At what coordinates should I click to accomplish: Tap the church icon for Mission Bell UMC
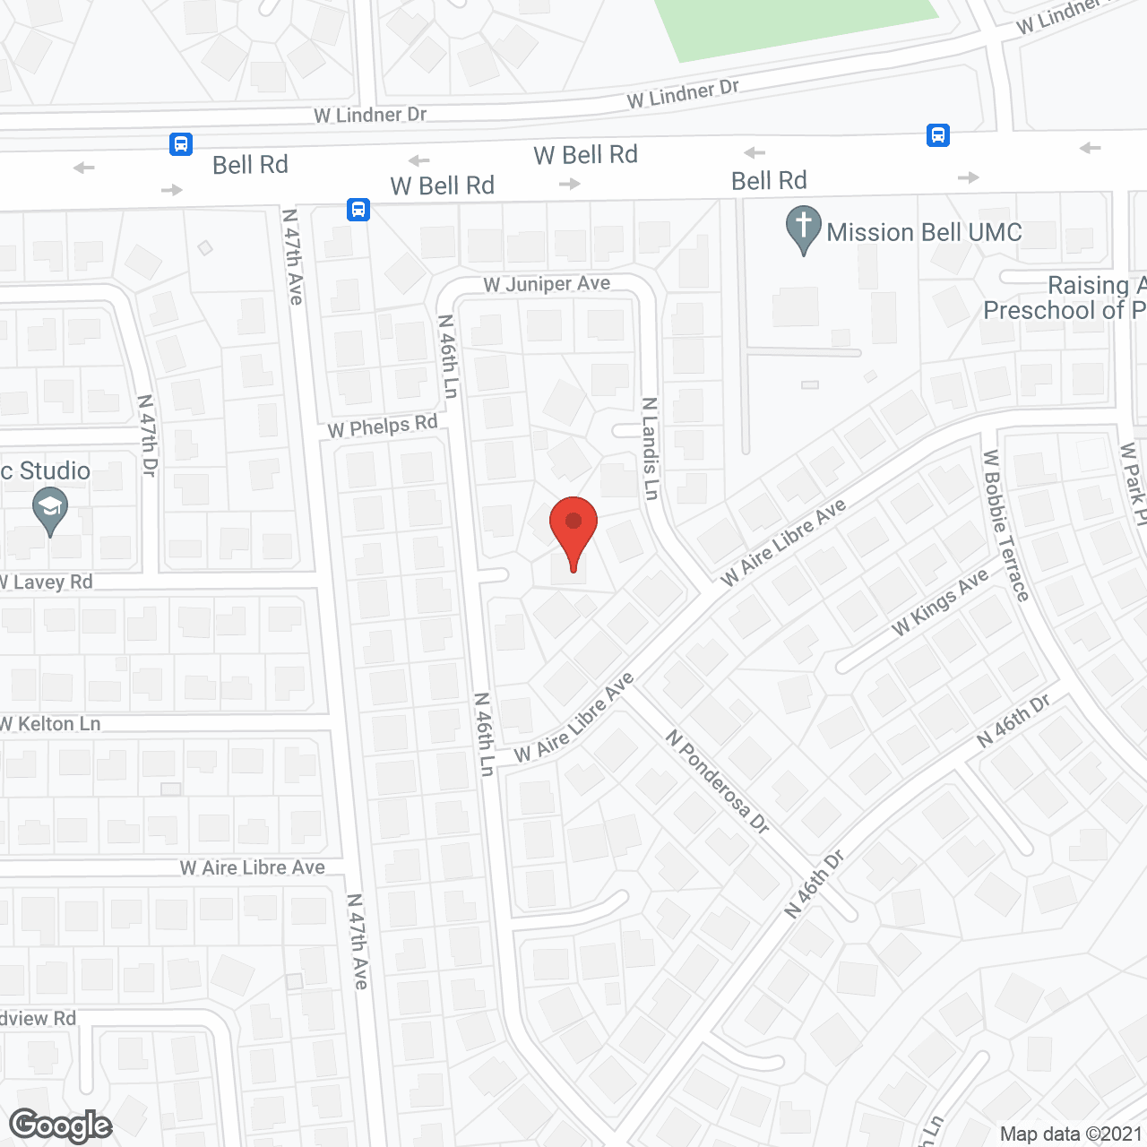click(x=804, y=229)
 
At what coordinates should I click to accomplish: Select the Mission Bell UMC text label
click(x=924, y=232)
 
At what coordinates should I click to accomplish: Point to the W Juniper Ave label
click(x=547, y=284)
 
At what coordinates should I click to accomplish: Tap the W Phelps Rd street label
click(x=383, y=427)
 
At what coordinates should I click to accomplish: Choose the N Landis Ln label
click(x=651, y=449)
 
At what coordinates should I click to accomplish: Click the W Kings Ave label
click(x=940, y=603)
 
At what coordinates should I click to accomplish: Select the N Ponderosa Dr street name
click(x=718, y=781)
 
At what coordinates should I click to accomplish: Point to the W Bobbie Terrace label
click(x=1005, y=525)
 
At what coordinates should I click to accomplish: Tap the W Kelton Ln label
click(x=51, y=724)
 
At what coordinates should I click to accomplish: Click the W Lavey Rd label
click(x=47, y=582)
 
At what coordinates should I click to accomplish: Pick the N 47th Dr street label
click(x=148, y=436)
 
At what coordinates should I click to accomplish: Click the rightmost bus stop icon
click(x=938, y=135)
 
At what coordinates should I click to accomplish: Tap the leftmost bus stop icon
click(x=181, y=143)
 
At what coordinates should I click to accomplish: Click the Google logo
click(x=61, y=1125)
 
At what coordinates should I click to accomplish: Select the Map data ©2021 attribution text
click(x=1071, y=1134)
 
